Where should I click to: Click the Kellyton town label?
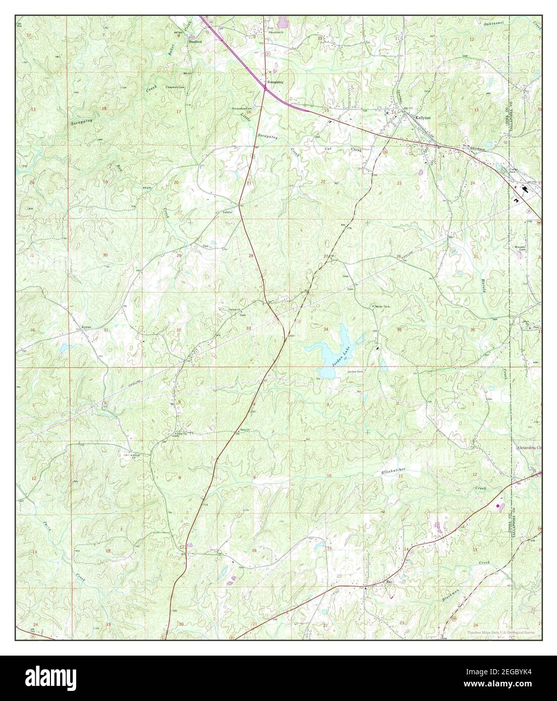click(x=422, y=117)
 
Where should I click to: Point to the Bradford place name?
click(x=195, y=42)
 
